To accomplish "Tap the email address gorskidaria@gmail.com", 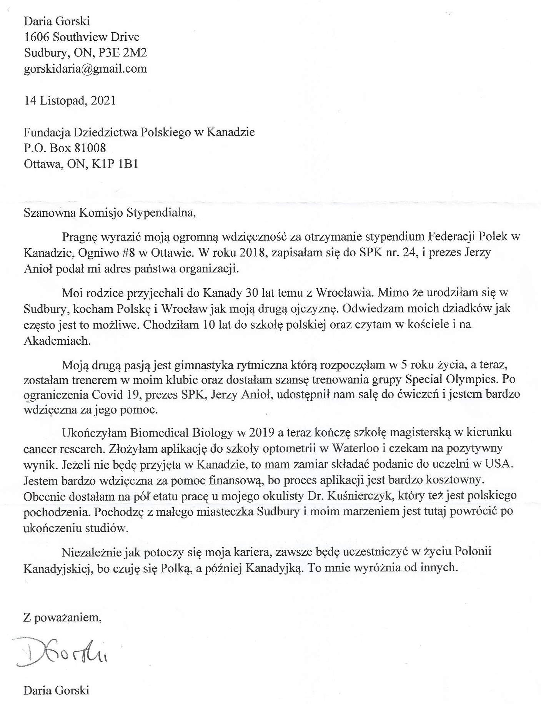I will coord(85,69).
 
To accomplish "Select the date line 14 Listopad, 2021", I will coord(70,101).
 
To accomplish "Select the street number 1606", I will coord(37,37).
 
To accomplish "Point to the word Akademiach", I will coord(57,341).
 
